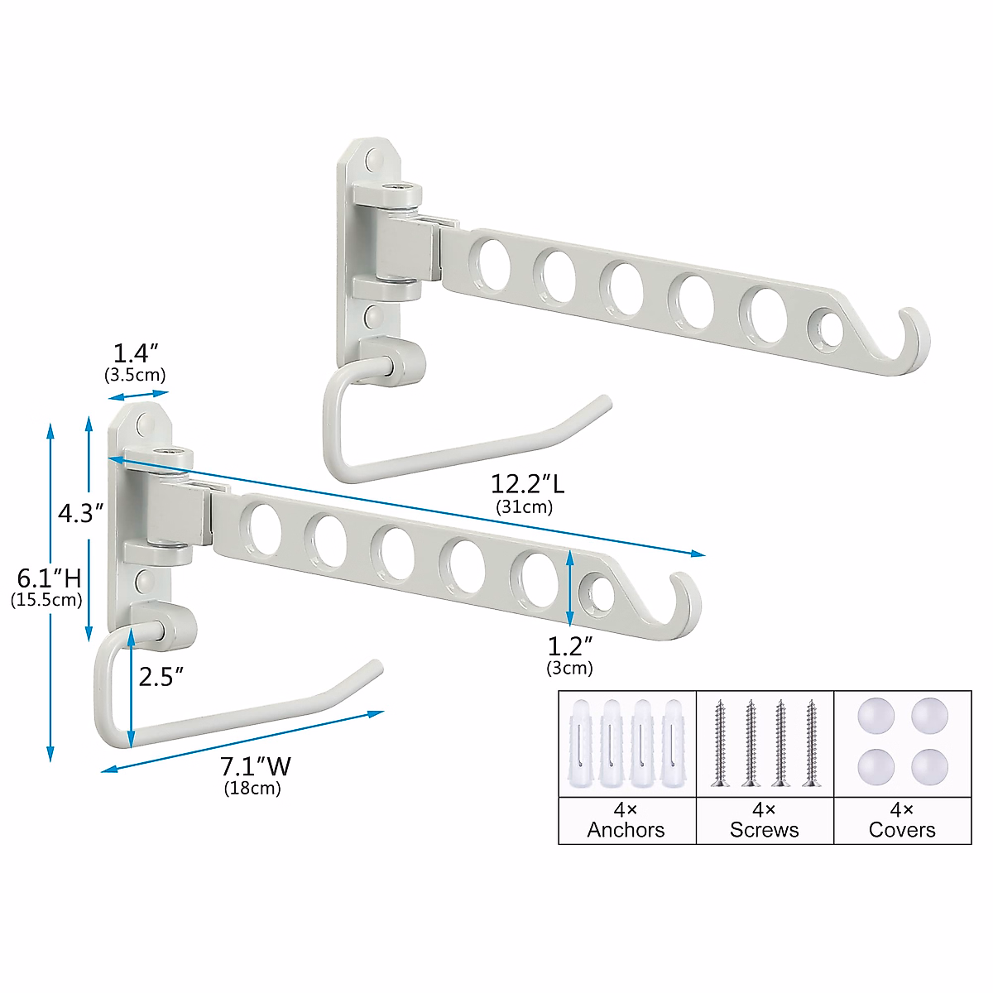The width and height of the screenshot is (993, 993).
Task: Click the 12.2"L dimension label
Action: tap(527, 483)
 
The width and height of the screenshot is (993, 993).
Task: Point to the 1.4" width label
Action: tap(135, 354)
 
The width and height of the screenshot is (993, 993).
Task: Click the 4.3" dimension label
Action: tap(80, 514)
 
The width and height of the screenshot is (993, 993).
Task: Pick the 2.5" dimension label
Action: tap(161, 678)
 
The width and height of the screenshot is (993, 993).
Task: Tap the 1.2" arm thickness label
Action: tap(570, 645)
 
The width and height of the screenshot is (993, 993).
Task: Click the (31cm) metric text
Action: tap(524, 507)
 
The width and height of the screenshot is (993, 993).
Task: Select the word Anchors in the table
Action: tap(626, 830)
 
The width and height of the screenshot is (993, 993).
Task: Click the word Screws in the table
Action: tap(764, 830)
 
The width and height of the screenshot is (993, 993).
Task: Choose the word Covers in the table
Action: tap(902, 830)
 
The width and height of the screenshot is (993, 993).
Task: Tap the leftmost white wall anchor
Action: tap(582, 743)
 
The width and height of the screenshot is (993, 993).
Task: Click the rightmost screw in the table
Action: tap(810, 743)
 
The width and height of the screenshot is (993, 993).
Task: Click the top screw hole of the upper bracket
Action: tap(374, 158)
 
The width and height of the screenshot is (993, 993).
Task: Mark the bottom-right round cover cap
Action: tap(929, 767)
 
